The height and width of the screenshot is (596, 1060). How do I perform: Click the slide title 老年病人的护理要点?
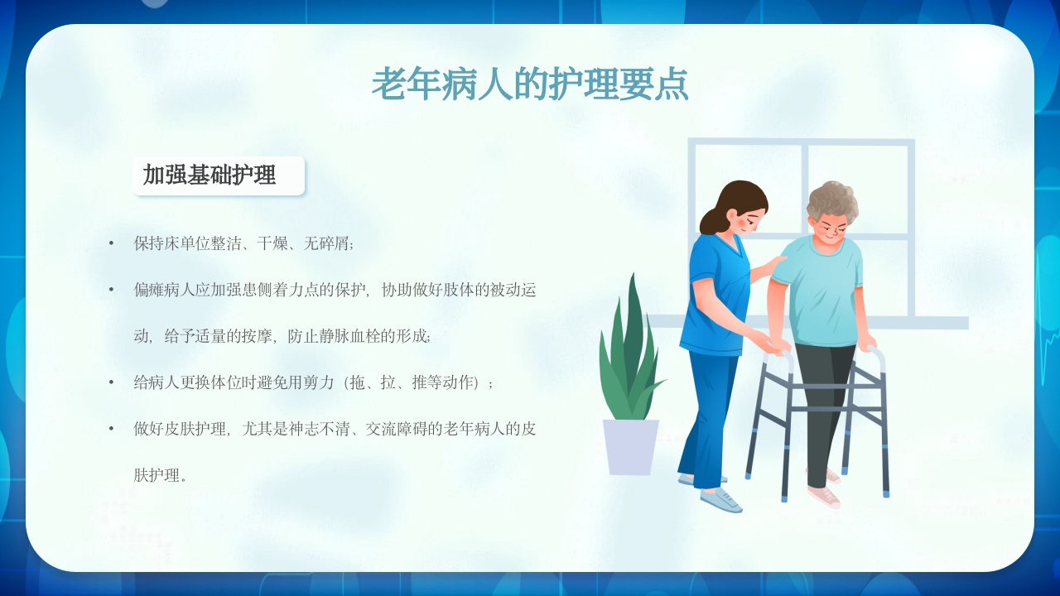pos(530,84)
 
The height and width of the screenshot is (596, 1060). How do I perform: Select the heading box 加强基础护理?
pos(219,175)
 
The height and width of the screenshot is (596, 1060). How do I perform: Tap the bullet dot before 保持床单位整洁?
pos(111,243)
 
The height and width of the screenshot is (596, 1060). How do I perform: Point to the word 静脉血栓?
pos(362,336)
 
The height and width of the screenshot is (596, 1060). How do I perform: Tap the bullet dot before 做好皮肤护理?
pos(111,429)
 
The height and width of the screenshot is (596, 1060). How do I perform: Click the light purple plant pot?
pos(630,447)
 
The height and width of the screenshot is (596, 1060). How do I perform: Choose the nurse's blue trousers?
pos(708,414)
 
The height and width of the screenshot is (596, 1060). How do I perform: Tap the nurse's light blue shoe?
pos(720,499)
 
